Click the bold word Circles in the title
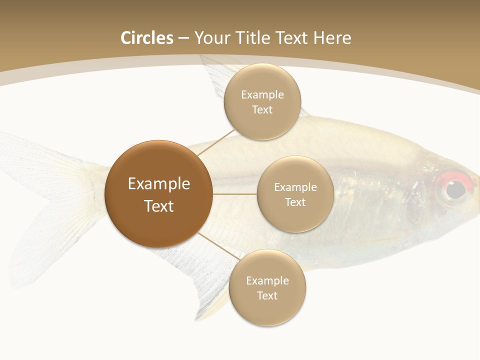coord(146,38)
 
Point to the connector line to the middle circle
coord(234,194)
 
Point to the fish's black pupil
coord(455,189)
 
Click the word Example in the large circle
coord(158,184)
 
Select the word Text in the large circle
coord(158,206)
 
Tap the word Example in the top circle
coord(262,94)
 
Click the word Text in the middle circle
coord(295,202)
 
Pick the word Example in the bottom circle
coord(267,280)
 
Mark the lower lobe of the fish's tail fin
coord(45,245)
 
